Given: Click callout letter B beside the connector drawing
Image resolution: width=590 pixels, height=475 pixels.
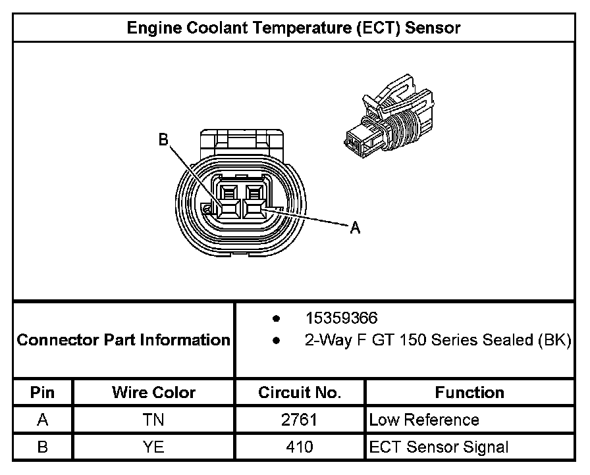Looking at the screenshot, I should (164, 139).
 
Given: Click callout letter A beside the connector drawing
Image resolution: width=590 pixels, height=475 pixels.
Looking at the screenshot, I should (355, 228).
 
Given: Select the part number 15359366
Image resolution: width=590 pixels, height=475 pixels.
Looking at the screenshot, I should (341, 318).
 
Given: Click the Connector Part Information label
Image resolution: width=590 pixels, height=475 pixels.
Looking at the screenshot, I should (123, 340).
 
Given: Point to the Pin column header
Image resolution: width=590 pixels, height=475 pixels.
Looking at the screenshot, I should (43, 393).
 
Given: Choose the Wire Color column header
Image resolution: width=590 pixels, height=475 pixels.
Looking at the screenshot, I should (153, 393).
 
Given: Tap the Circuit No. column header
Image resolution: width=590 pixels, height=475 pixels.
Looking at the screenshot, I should (300, 393).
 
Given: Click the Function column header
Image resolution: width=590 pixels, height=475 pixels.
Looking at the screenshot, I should (469, 393).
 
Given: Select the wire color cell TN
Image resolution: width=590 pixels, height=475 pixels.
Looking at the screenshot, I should (153, 420).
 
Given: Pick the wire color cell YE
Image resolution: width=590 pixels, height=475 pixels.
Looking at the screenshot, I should (153, 447).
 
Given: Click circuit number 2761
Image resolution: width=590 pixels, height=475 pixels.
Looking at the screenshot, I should (300, 420).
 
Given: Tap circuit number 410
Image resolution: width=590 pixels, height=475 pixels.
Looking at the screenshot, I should (300, 447).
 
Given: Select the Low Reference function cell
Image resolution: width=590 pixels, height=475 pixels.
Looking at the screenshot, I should (424, 420).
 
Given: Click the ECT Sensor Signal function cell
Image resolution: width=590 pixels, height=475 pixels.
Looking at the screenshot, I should (439, 447).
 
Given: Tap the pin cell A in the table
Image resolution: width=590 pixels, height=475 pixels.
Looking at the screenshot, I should (43, 420).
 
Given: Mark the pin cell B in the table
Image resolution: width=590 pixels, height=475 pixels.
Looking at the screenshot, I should (43, 447).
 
